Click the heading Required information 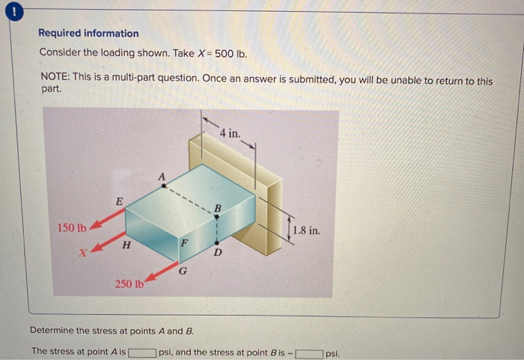click(88, 34)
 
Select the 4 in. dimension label click(231, 133)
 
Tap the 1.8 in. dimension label click(306, 231)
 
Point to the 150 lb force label click(72, 228)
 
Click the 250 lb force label click(129, 284)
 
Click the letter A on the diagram click(160, 177)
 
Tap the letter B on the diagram click(218, 207)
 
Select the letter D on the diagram click(217, 253)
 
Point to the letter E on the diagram click(118, 201)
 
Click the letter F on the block click(183, 244)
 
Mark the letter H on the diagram click(127, 244)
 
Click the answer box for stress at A click(142, 351)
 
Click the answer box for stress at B click(309, 351)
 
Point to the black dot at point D click(216, 242)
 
